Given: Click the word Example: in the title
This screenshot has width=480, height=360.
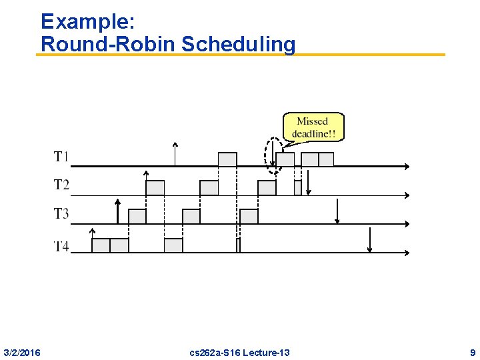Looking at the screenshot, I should point(88,21).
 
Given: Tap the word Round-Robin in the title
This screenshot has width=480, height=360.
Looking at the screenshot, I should point(108,44).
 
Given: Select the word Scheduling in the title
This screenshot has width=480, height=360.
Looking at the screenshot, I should point(238,44).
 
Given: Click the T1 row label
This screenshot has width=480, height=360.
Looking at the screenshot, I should point(61,157).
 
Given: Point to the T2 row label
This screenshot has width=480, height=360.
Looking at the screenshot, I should point(61,185).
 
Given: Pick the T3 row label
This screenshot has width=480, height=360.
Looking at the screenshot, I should point(61,213).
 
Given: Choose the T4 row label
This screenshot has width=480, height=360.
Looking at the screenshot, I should point(61,246).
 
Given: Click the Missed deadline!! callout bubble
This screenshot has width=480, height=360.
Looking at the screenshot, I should point(313,127).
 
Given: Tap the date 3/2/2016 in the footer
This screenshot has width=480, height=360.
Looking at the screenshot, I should point(22,352).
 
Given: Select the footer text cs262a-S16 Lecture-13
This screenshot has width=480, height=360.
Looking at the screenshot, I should point(239,352).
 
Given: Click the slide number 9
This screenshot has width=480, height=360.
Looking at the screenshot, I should point(472,352).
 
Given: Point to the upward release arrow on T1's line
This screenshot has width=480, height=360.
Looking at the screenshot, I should point(175,154).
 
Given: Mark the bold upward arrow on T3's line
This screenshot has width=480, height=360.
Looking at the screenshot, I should point(117,211).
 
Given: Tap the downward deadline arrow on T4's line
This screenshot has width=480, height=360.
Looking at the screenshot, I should point(370,240).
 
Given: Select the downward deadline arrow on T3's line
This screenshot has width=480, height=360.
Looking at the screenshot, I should point(337,211).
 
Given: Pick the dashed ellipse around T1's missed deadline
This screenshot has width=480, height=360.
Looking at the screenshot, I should point(273,156).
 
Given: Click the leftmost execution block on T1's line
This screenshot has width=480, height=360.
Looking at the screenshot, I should point(227,159).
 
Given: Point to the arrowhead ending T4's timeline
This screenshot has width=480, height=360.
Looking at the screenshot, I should point(407,253).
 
